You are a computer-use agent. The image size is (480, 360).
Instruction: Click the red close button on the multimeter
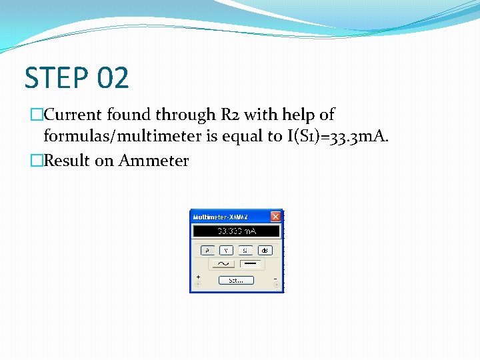pyautogui.click(x=275, y=217)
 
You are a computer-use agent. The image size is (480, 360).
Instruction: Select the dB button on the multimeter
pyautogui.click(x=265, y=250)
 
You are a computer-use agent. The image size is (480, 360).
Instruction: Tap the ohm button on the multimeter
pyautogui.click(x=245, y=250)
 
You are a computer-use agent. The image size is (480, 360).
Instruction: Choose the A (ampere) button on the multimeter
pyautogui.click(x=207, y=250)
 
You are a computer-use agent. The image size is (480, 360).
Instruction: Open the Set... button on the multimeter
pyautogui.click(x=236, y=280)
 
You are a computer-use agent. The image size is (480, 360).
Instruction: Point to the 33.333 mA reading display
pyautogui.click(x=236, y=231)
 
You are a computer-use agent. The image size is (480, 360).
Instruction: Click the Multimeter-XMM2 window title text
pyautogui.click(x=221, y=217)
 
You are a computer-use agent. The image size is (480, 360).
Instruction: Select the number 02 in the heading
pyautogui.click(x=112, y=78)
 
